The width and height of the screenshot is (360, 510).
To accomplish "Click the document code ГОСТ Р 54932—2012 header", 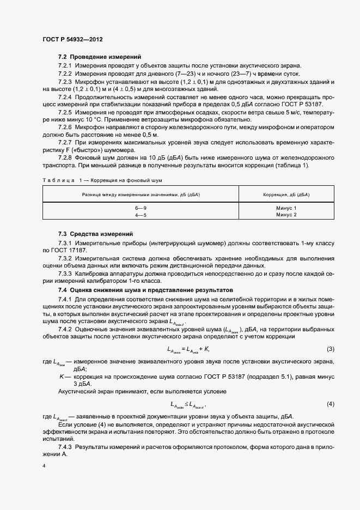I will click(x=72, y=40).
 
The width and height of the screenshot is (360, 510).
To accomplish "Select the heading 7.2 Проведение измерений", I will click(x=100, y=57).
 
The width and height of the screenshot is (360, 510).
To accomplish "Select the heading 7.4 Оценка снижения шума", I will click(x=145, y=289).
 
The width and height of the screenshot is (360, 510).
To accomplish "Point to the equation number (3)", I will click(x=330, y=349).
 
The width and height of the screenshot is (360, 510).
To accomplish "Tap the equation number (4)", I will click(x=330, y=404).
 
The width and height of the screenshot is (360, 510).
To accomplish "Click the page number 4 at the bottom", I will click(x=44, y=466).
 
